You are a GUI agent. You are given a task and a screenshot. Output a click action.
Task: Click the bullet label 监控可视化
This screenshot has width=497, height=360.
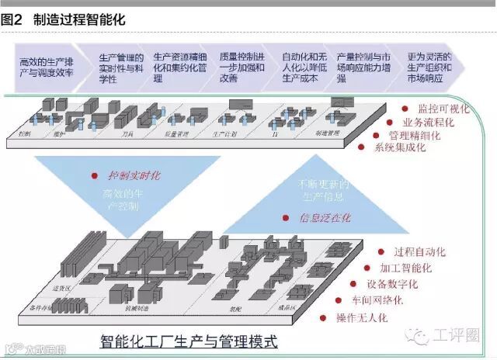pyautogui.click(x=443, y=109)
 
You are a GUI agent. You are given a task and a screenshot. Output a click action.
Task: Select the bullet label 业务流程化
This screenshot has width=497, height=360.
pyautogui.click(x=427, y=122)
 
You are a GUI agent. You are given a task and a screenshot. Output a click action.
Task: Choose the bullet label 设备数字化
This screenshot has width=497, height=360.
pyautogui.click(x=393, y=285)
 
